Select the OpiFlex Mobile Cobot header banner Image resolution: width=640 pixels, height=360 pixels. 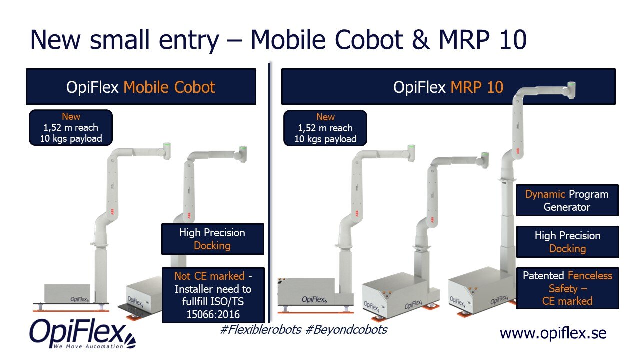(x=141, y=87)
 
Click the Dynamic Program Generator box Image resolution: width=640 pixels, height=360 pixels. (x=567, y=200)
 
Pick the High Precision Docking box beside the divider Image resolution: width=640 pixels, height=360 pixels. (x=212, y=239)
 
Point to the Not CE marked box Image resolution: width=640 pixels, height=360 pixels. (x=213, y=295)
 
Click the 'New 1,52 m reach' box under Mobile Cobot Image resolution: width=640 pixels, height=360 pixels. (x=71, y=128)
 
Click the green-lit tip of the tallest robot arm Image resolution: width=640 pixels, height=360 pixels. (x=571, y=86)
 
